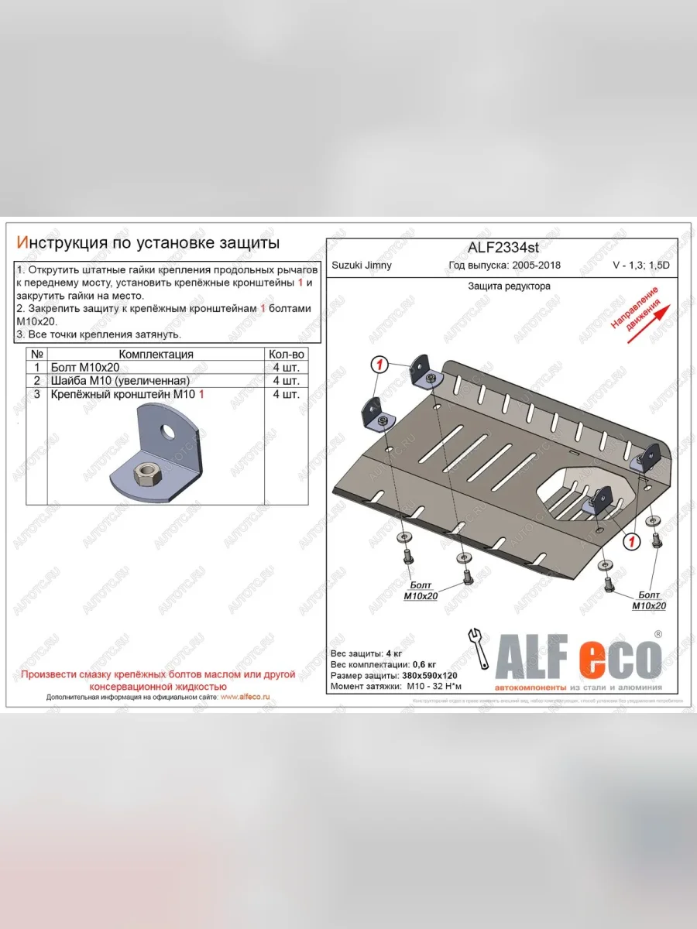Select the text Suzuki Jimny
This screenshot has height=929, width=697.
pos(362,266)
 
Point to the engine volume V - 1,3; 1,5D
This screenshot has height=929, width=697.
pos(643,266)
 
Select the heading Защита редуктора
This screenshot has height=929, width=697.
pos(509,286)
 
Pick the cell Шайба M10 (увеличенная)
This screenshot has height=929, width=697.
pos(119,381)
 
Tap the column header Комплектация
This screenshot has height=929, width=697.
pos(156,354)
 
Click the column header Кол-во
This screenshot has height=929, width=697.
pos(284,354)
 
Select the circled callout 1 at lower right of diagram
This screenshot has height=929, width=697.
pos(632,540)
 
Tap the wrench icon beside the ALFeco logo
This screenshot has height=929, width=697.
pos(477,647)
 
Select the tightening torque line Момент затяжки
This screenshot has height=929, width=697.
pos(393,687)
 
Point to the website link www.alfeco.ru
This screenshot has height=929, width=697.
pos(245,697)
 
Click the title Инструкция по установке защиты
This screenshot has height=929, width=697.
pos(148,243)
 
